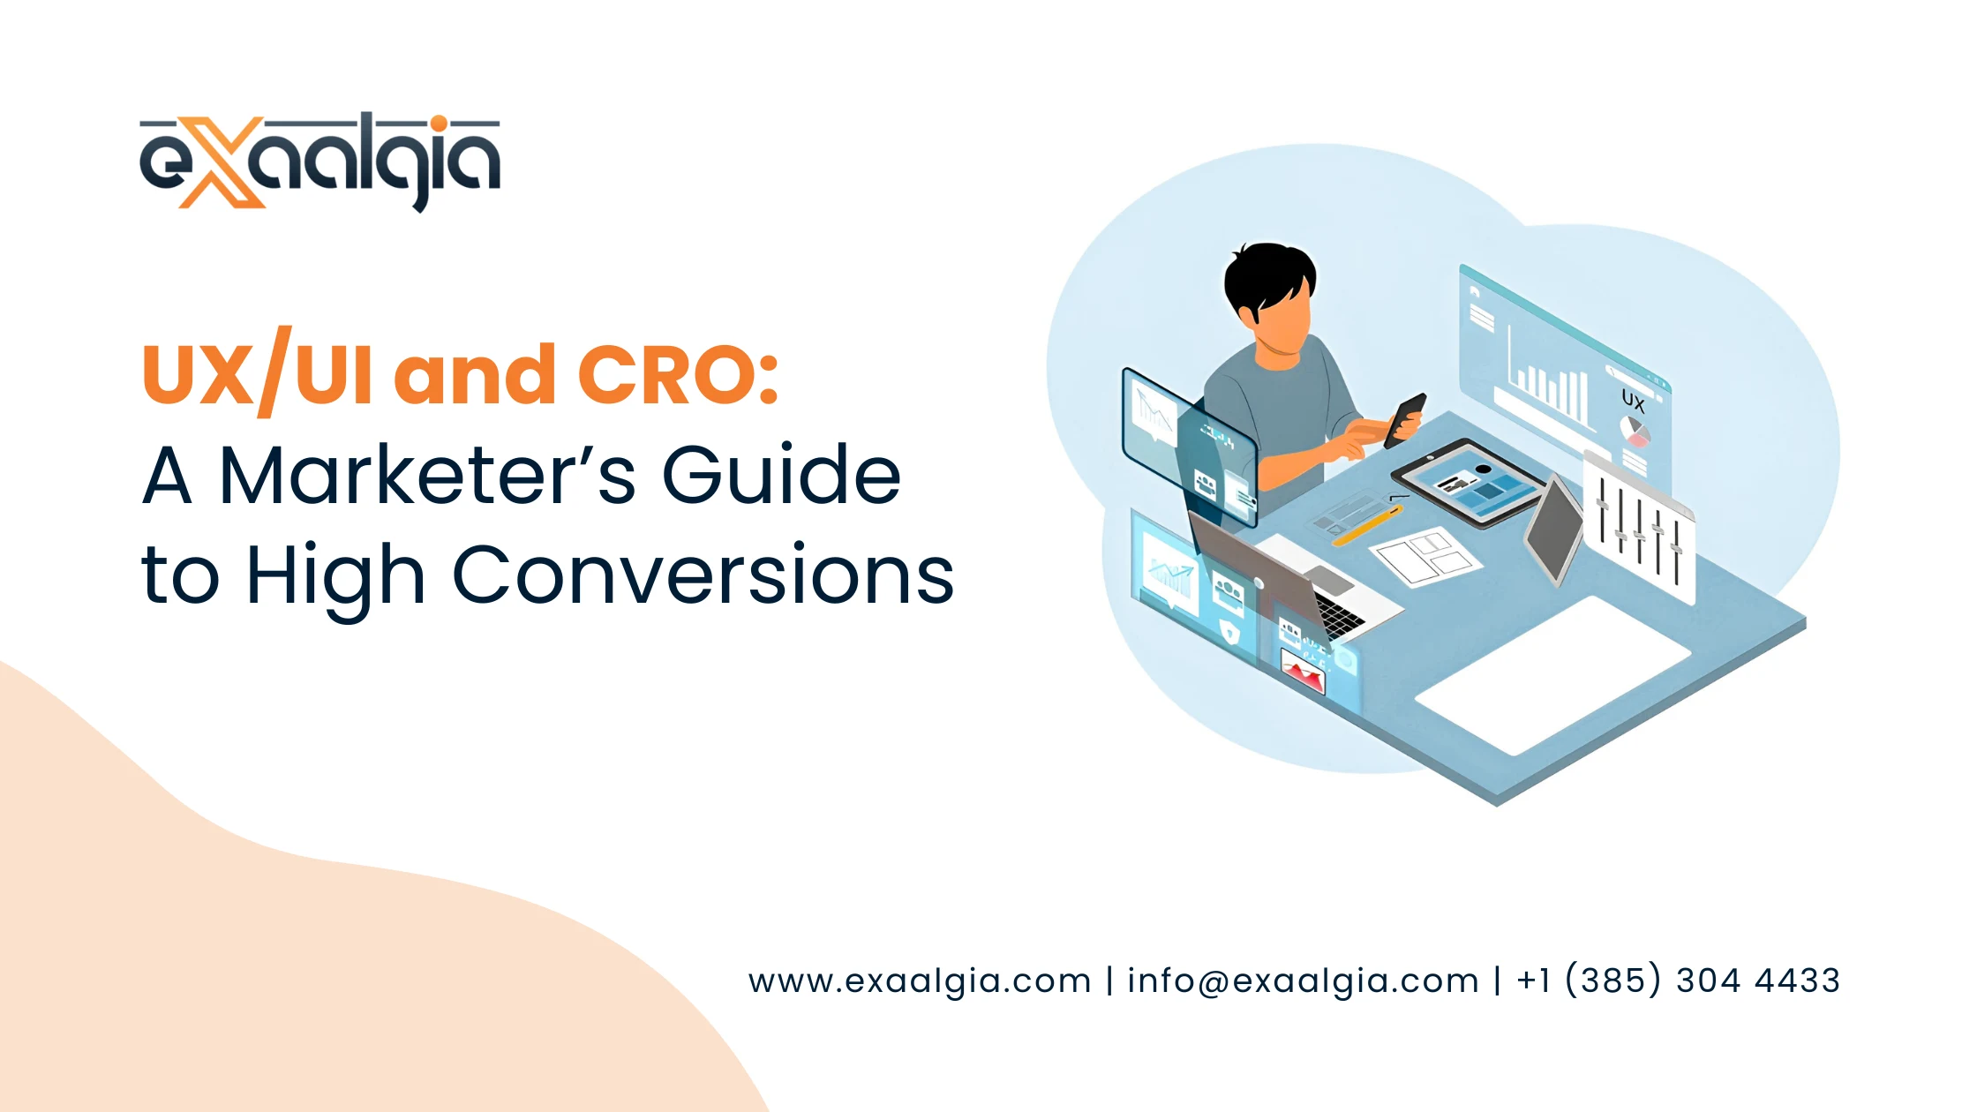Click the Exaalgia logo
click(319, 162)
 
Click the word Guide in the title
click(781, 477)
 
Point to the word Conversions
click(703, 575)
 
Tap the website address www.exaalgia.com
click(920, 981)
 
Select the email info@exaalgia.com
click(1303, 981)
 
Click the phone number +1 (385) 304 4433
click(1678, 981)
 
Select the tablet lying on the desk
click(1470, 483)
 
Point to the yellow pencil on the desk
click(1364, 525)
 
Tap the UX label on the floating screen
click(1633, 402)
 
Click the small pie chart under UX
click(1635, 432)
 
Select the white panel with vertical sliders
click(1640, 530)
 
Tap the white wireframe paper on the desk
click(1425, 556)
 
